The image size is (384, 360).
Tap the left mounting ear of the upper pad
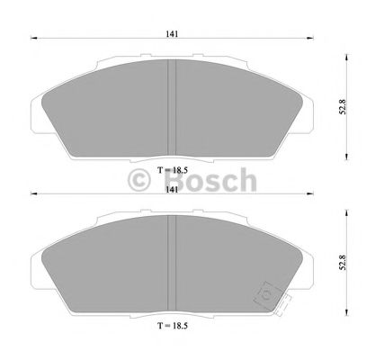pos(38,115)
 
